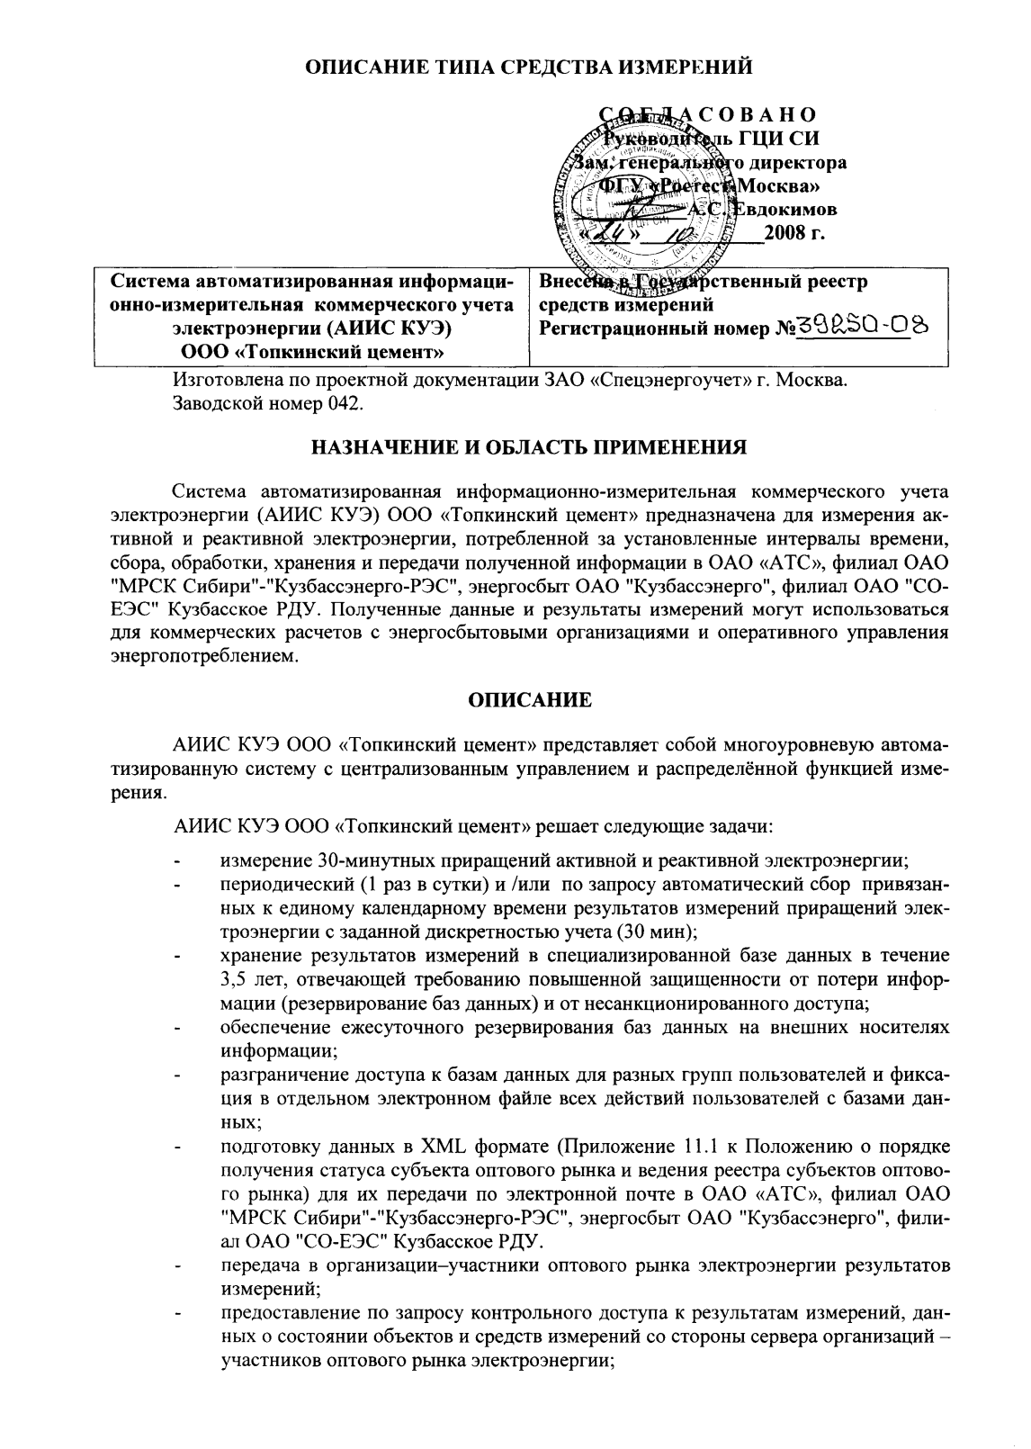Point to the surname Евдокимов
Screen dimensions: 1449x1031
click(793, 210)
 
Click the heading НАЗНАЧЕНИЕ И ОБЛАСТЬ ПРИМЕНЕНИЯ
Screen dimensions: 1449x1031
click(528, 446)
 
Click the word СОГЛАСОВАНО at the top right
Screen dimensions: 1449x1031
click(710, 114)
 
